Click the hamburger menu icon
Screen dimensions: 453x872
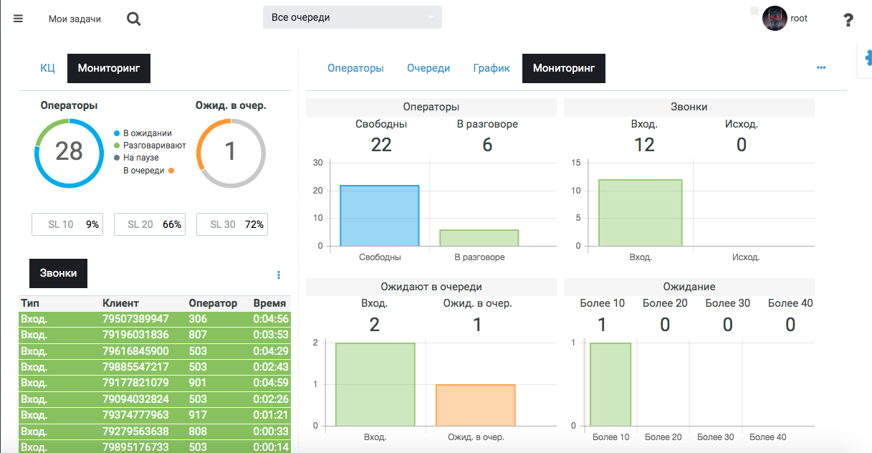tap(18, 19)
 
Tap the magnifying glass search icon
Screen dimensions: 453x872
tap(134, 19)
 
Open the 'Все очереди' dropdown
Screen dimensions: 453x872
tap(353, 17)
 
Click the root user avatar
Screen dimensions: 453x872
tap(775, 19)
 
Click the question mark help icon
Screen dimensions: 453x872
tap(848, 20)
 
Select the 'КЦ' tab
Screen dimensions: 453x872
tap(47, 68)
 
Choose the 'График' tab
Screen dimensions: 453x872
tap(492, 68)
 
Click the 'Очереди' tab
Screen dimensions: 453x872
tap(428, 68)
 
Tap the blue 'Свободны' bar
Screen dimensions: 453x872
tap(380, 216)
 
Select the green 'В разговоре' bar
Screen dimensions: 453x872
tap(479, 238)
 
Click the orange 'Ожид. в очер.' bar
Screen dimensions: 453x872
tap(476, 406)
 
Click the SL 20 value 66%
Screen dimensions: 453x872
tap(172, 224)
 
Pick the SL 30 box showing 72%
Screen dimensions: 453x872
tap(232, 224)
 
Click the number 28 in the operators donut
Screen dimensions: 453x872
tap(69, 151)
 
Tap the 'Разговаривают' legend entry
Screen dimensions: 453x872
tap(154, 146)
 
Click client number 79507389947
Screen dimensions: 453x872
tap(135, 319)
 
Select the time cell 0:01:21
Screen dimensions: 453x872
tap(271, 416)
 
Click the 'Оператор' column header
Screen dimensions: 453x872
tap(213, 303)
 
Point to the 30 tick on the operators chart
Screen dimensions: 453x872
tap(318, 163)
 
